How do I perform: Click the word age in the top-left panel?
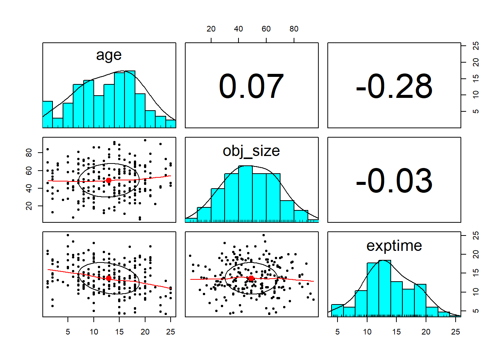pos(109,55)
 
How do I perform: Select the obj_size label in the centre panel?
pos(251,151)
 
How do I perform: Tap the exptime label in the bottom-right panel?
pos(394,246)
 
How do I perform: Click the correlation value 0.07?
pos(251,87)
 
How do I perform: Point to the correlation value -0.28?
pos(394,87)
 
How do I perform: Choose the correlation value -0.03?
pos(394,181)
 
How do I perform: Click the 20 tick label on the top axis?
pos(211,29)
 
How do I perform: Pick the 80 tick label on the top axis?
pos(294,29)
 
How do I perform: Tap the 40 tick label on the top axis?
pos(238,29)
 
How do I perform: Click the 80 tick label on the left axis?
pos(29,153)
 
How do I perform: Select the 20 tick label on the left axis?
pos(29,206)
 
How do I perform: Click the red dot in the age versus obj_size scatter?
pos(109,180)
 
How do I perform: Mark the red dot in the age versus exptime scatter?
pos(109,278)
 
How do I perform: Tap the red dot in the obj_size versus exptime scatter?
pos(251,278)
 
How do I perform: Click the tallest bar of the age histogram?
pos(130,99)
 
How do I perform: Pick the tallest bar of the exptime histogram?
pos(385,288)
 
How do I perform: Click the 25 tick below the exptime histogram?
pos(456,332)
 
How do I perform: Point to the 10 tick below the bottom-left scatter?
pos(94,332)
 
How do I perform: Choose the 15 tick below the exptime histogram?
pos(396,332)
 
